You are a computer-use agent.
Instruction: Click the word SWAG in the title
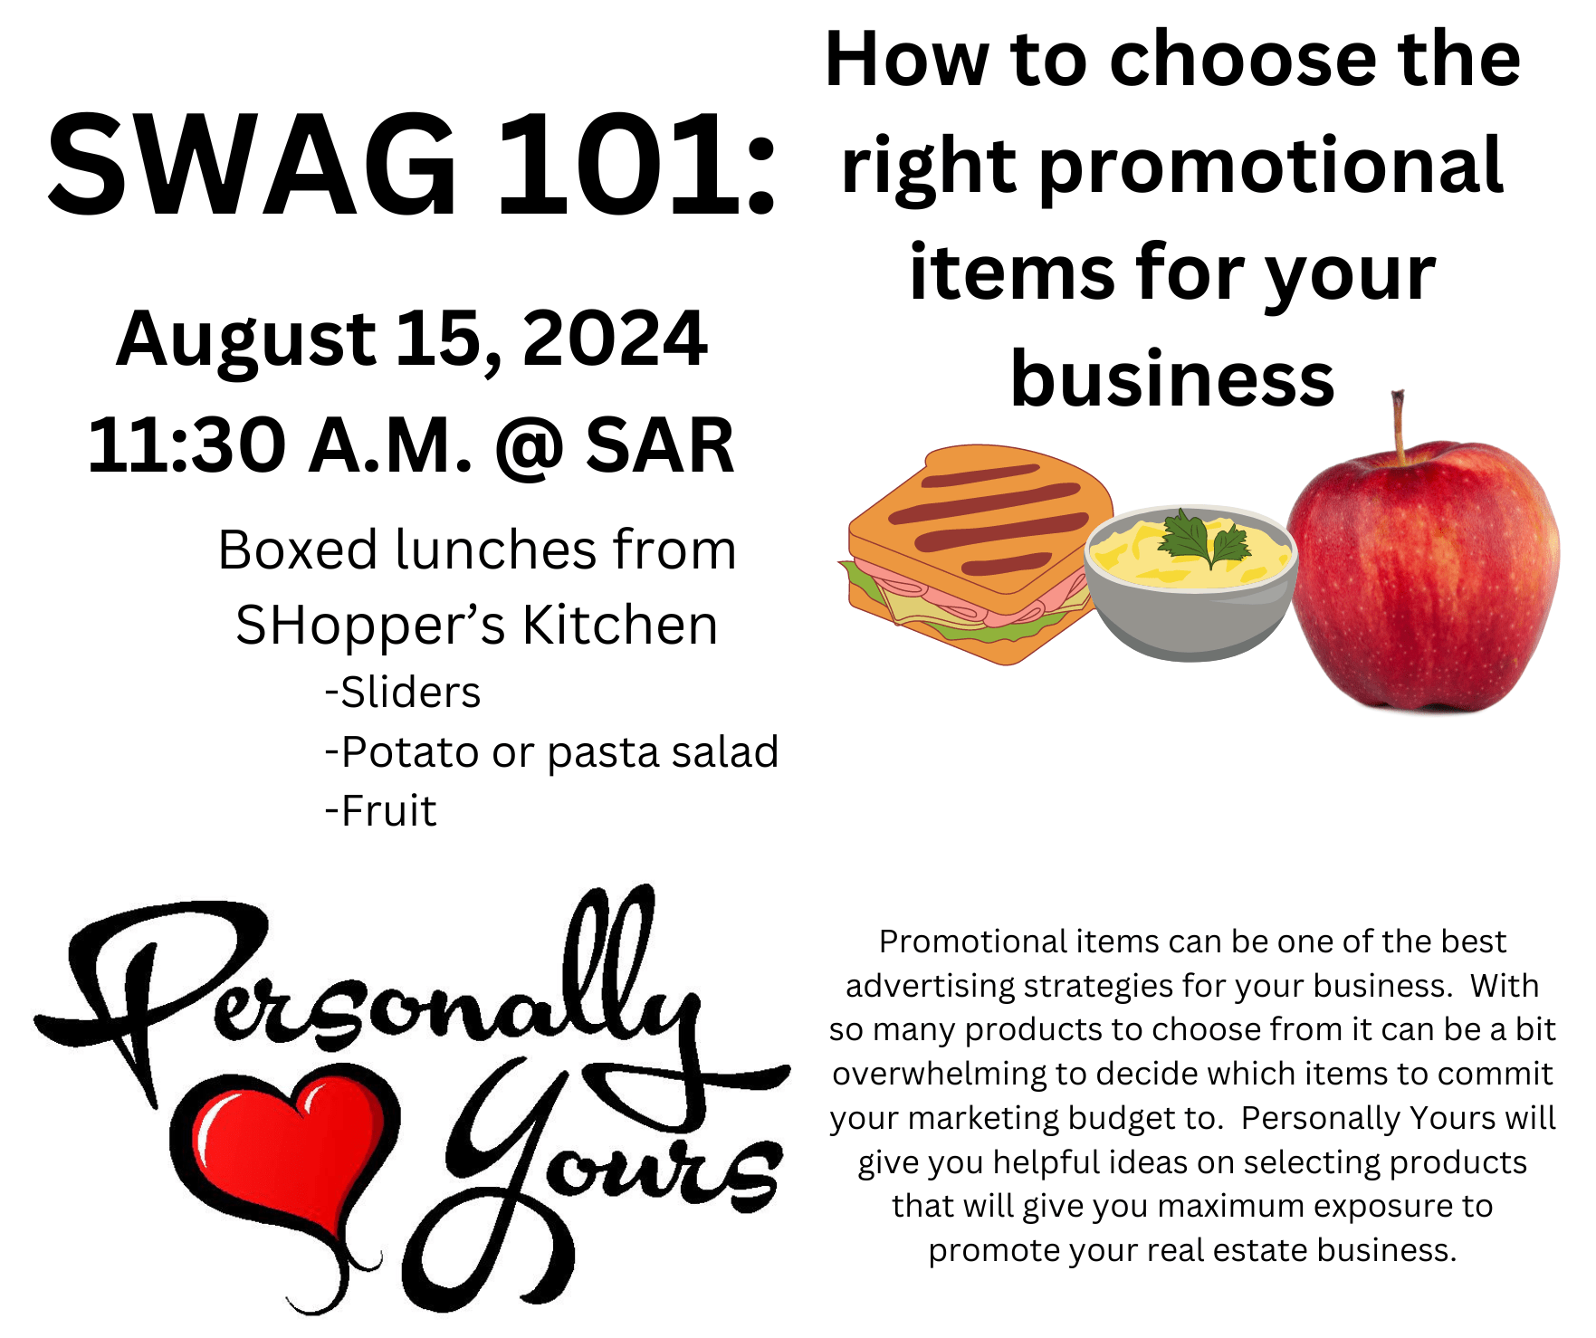pyautogui.click(x=253, y=166)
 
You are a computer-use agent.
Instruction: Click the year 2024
pyautogui.click(x=615, y=338)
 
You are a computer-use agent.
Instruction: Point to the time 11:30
pyautogui.click(x=186, y=444)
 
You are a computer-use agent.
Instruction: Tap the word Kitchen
pyautogui.click(x=620, y=625)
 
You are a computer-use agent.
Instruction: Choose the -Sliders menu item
pyautogui.click(x=403, y=693)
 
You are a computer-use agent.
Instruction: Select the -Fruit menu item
pyautogui.click(x=380, y=810)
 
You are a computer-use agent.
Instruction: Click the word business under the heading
pyautogui.click(x=1172, y=378)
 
